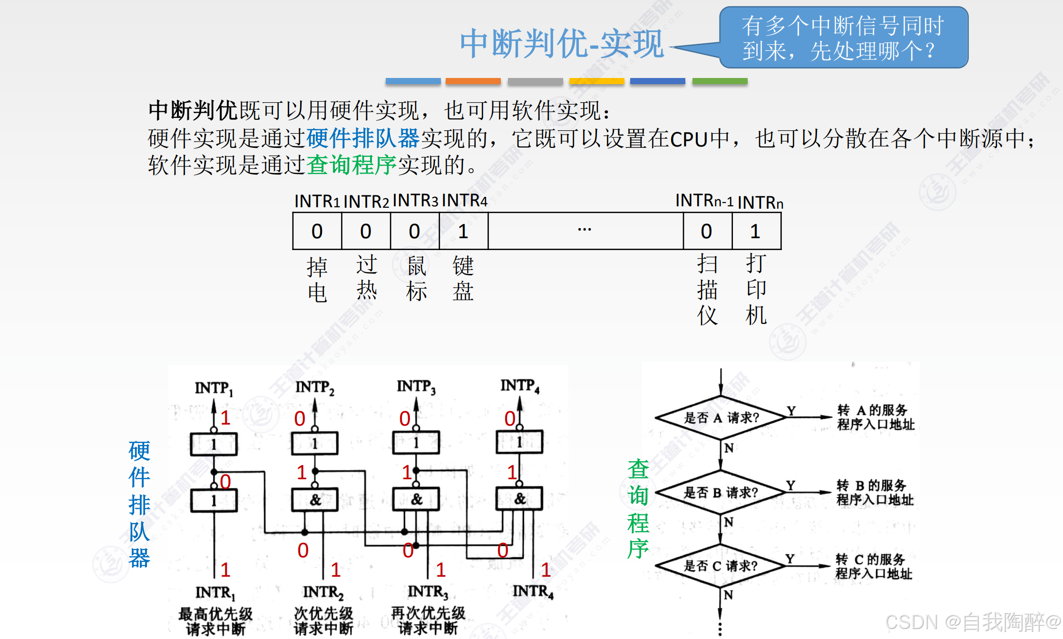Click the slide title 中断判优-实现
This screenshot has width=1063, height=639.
point(561,44)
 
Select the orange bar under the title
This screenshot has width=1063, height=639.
point(473,81)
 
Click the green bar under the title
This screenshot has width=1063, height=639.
point(720,81)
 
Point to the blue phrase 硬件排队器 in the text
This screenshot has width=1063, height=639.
point(363,138)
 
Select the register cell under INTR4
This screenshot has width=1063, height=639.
point(463,232)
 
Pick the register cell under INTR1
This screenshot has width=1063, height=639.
point(317,232)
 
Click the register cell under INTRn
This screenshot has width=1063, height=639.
point(756,232)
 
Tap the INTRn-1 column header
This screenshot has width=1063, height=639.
point(704,201)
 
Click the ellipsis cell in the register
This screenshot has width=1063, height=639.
point(585,232)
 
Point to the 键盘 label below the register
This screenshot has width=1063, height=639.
point(463,279)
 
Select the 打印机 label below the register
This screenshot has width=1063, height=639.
point(756,289)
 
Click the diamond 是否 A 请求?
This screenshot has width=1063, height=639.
point(721,417)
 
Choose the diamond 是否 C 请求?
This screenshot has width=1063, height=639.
point(721,566)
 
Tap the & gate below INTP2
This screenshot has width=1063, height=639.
point(315,500)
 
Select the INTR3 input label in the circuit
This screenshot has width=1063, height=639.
point(428,592)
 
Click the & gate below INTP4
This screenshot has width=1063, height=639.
point(519,499)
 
